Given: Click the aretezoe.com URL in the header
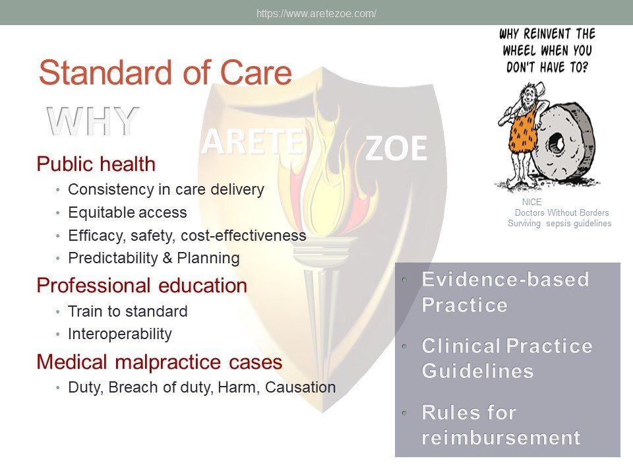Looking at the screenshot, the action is tap(316, 13).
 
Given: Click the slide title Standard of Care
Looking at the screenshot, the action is tap(165, 73).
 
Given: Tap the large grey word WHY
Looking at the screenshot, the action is tap(93, 121).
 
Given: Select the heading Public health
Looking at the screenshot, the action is tap(96, 164).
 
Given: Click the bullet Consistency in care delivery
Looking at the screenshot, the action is tap(166, 189).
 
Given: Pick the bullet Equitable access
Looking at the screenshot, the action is tap(127, 212).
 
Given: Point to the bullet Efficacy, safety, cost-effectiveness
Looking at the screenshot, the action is tap(187, 236).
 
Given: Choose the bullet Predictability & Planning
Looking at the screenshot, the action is tap(154, 258).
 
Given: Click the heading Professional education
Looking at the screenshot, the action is tap(142, 286).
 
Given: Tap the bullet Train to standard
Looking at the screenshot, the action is tap(127, 311).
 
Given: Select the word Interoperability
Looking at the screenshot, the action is tap(120, 334).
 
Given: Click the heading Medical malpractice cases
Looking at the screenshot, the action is tap(159, 362).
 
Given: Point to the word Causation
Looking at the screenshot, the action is tap(301, 387).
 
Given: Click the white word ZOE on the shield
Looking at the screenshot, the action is tap(396, 148).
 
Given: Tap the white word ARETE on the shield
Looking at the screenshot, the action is tap(253, 142).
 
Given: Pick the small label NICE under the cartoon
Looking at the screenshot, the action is tap(531, 202).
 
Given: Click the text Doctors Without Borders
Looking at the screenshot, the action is tap(562, 212).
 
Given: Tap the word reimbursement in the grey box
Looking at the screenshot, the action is tap(500, 438).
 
